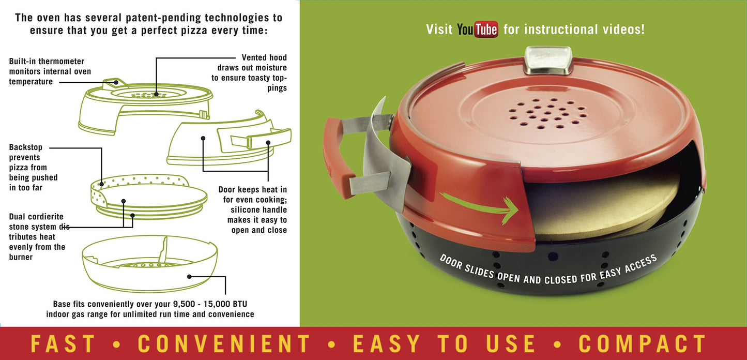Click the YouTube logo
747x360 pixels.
(477, 29)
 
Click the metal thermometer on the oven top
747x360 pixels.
(548, 61)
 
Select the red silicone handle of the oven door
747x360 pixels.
(337, 157)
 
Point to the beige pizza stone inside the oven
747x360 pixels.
(600, 207)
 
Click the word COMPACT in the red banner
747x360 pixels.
(642, 343)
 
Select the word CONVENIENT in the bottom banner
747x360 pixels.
(224, 343)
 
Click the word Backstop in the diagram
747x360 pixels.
(26, 147)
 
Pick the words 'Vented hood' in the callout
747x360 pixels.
(264, 58)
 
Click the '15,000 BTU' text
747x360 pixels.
(225, 304)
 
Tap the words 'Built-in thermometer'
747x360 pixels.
(47, 62)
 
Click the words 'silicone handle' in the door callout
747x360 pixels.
(259, 210)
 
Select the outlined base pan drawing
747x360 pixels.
(150, 264)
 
